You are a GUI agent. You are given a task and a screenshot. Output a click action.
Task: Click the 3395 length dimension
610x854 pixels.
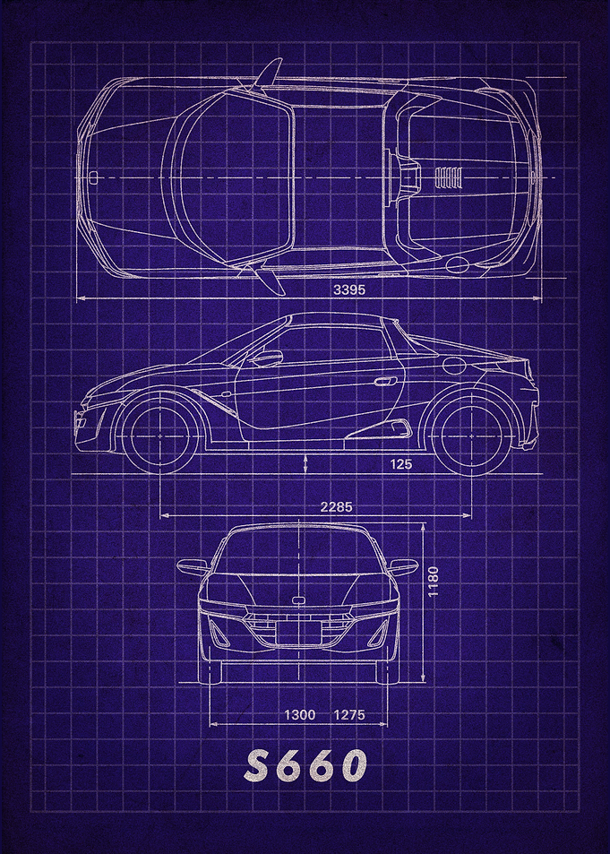pos(349,289)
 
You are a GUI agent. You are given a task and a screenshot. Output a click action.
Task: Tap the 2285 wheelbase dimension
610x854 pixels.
pos(336,506)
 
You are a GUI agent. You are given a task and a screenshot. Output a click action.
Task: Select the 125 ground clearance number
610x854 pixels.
pos(401,464)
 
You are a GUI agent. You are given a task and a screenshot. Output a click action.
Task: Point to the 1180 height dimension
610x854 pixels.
pos(433,582)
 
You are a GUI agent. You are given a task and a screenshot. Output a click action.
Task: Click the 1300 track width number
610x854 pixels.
pos(299,714)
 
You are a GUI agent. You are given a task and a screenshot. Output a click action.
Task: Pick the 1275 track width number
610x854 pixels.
pos(349,714)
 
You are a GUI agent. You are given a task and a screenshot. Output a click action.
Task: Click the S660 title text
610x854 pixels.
pos(305,766)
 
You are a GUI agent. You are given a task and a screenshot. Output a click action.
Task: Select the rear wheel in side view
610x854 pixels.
pos(471,436)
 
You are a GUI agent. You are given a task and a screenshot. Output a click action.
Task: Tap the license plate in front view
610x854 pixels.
pos(298,633)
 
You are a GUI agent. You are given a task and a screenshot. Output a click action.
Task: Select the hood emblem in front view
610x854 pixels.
pos(298,600)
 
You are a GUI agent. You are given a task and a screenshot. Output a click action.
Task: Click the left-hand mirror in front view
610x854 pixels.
pos(193,567)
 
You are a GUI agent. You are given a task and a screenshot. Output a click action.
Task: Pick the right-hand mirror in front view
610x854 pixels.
pos(403,567)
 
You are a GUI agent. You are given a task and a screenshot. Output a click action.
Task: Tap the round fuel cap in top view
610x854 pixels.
pos(457,265)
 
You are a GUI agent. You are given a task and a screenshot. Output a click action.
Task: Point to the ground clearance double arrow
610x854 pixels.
pos(306,463)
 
